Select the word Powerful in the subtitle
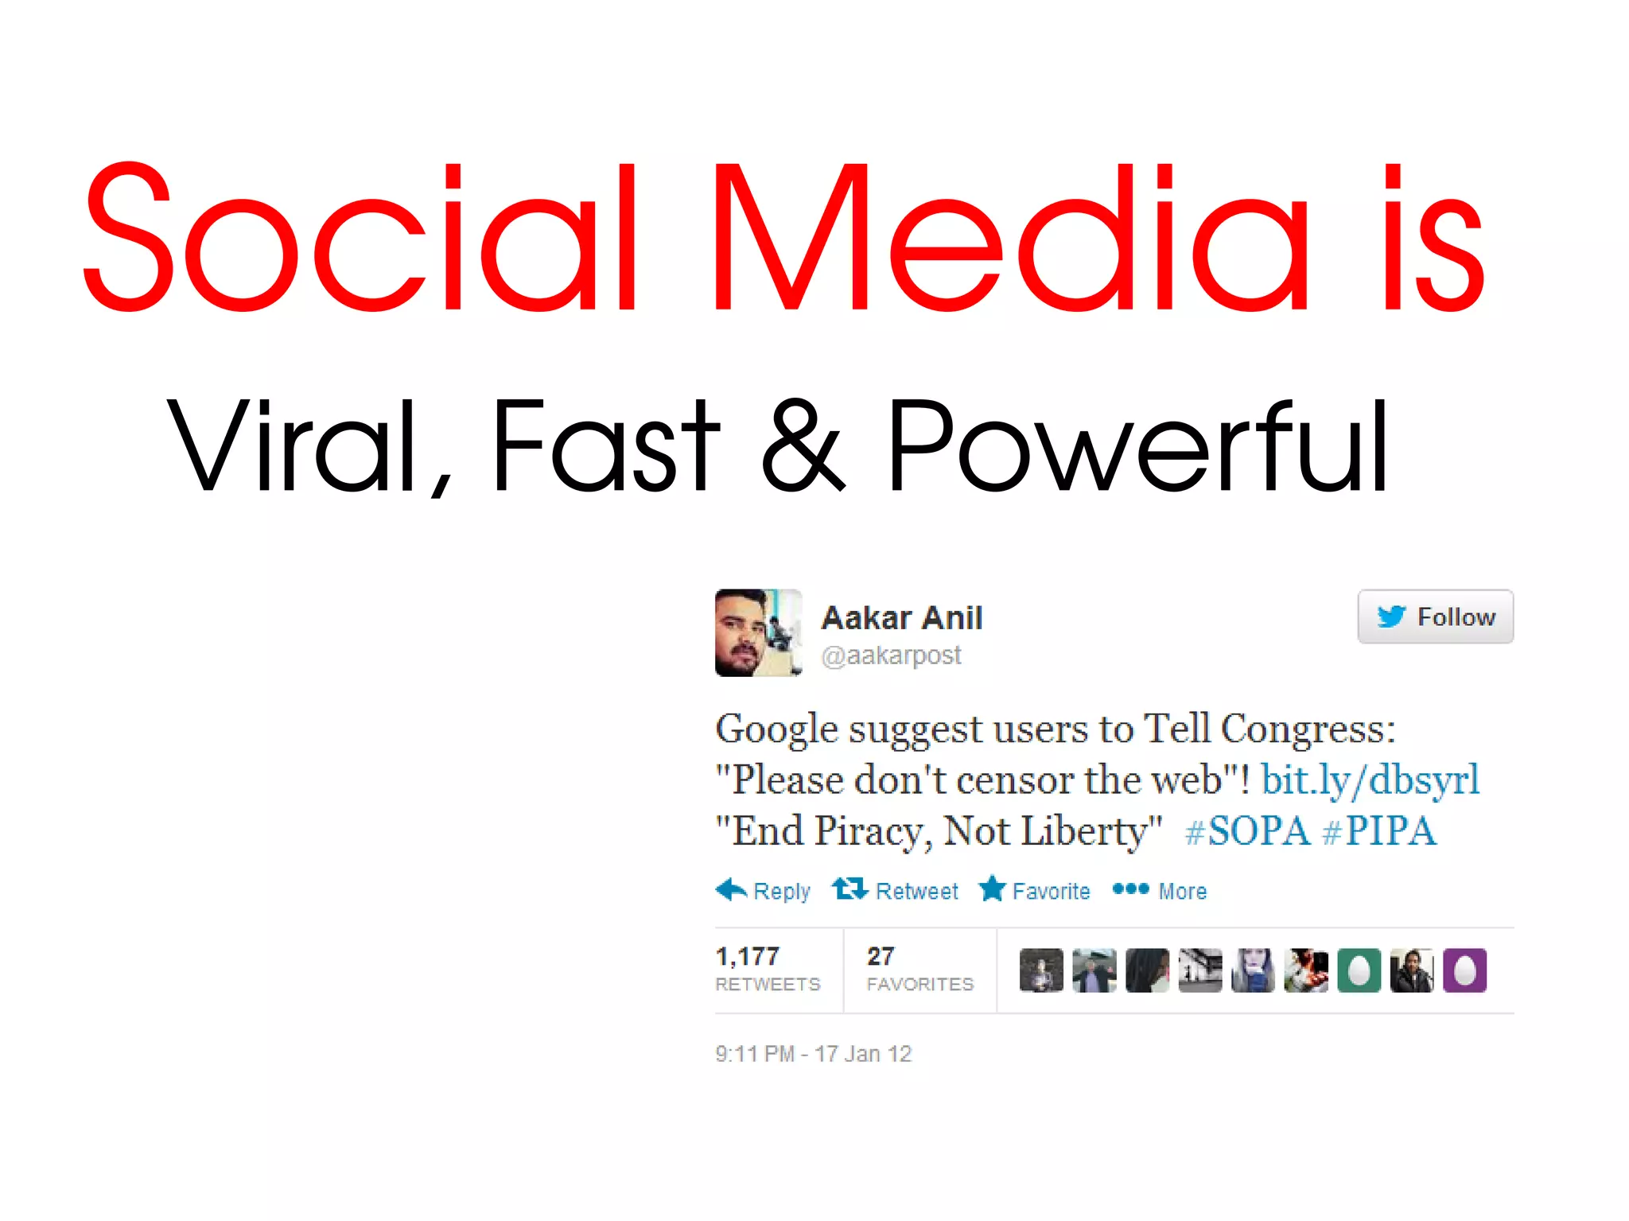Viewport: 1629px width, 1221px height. (x=1137, y=445)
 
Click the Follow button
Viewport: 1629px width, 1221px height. (x=1435, y=616)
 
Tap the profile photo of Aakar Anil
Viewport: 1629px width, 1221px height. (x=758, y=632)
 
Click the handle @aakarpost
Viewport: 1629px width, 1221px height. (x=891, y=655)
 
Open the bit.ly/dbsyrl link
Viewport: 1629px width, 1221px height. (x=1370, y=780)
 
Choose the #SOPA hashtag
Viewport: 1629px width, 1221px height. (x=1246, y=831)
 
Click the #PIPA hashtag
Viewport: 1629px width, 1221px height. (x=1379, y=831)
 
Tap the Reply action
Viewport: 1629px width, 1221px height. (x=764, y=891)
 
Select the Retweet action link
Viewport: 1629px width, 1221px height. (x=896, y=891)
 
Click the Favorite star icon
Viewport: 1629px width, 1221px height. (x=993, y=889)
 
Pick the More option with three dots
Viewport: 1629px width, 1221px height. (x=1160, y=891)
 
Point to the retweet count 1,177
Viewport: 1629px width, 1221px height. (x=748, y=956)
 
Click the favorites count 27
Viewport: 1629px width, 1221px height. (x=881, y=956)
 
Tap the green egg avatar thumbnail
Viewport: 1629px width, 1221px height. (x=1359, y=970)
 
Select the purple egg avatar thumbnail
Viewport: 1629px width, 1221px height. (x=1464, y=970)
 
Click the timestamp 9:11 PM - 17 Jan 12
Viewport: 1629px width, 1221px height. (x=813, y=1054)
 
